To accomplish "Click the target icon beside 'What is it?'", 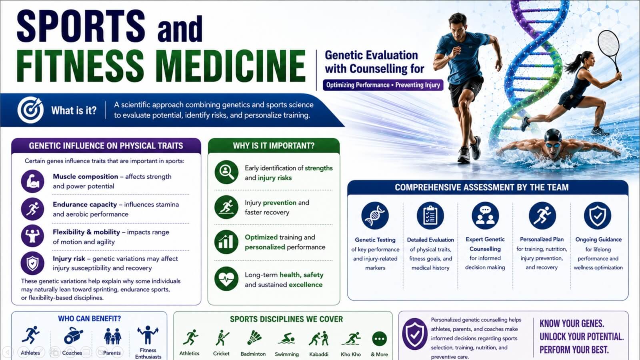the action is pyautogui.click(x=30, y=110).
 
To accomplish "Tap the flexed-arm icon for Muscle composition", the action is pyautogui.click(x=32, y=182).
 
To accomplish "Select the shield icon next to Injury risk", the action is pyautogui.click(x=32, y=263).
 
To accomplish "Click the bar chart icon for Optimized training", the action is pyautogui.click(x=226, y=242).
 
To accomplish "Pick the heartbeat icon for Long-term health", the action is pyautogui.click(x=226, y=279).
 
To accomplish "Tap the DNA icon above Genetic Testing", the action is pyautogui.click(x=375, y=216).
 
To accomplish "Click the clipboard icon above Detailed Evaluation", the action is pyautogui.click(x=430, y=216).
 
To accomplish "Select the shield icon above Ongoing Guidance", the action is pyautogui.click(x=598, y=216).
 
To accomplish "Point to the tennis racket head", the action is pyautogui.click(x=608, y=44).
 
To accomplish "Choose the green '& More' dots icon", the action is pyautogui.click(x=380, y=339).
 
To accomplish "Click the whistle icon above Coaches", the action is pyautogui.click(x=73, y=336).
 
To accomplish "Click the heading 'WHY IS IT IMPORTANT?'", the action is pyautogui.click(x=274, y=146).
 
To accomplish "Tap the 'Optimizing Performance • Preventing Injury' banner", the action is pyautogui.click(x=383, y=85).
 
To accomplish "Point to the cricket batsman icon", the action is pyautogui.click(x=222, y=338).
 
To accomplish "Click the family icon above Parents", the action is pyautogui.click(x=112, y=336).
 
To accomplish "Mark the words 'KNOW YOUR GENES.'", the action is pyautogui.click(x=572, y=324).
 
